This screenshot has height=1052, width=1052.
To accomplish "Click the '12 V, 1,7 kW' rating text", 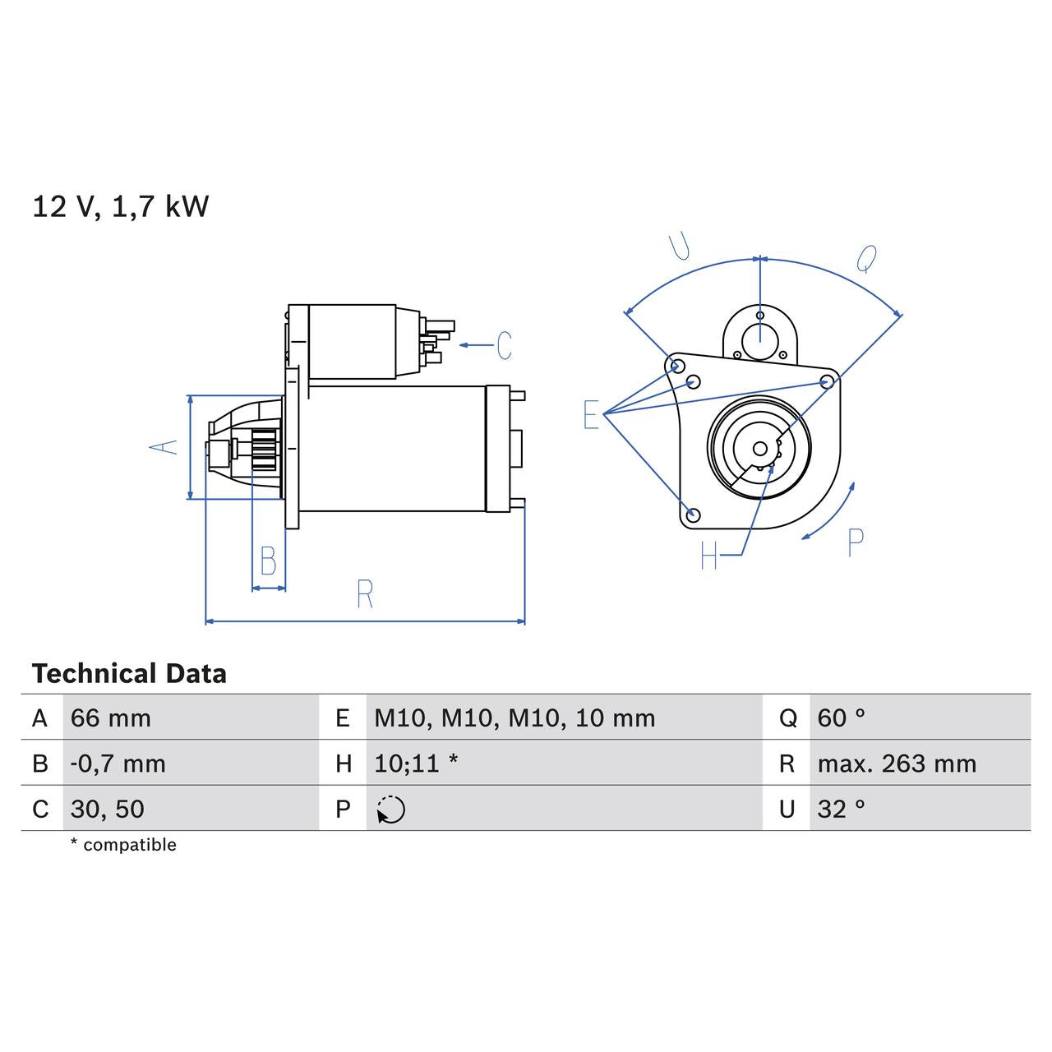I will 120,206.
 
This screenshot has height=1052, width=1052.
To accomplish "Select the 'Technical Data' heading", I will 129,674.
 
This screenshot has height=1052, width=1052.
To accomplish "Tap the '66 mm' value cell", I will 111,718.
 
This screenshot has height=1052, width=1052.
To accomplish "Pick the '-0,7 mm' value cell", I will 118,764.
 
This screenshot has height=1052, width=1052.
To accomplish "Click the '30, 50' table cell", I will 108,809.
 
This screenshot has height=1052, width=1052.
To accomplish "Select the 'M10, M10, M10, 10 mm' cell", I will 514,718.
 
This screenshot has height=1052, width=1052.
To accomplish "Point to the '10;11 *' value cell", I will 416,764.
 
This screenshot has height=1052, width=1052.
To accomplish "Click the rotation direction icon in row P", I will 391,810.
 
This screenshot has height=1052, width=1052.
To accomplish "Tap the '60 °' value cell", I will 842,718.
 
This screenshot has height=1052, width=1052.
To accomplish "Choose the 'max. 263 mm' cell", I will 897,764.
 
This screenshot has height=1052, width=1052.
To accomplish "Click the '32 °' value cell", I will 842,809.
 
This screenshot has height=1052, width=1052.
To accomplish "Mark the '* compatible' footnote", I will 123,845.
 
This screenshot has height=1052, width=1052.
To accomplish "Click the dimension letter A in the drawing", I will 164,446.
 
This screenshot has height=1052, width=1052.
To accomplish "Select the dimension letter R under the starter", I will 365,593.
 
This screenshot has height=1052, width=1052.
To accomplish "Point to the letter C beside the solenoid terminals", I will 504,345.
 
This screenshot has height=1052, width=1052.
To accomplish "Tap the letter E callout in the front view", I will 591,415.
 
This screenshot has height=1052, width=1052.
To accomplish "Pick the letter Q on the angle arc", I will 866,259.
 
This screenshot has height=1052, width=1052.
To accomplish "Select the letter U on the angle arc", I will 679,246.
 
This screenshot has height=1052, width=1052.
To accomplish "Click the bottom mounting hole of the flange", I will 693,515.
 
